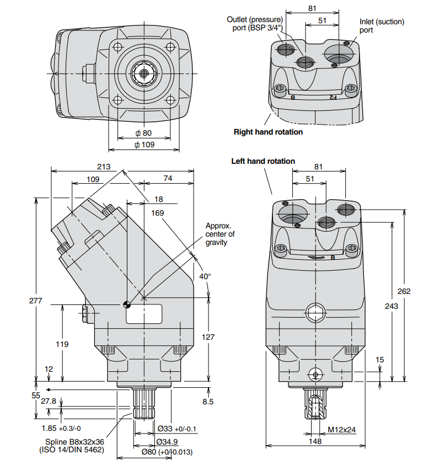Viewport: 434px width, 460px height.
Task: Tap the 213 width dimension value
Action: [x=104, y=167]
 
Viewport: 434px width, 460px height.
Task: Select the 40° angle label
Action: [x=205, y=276]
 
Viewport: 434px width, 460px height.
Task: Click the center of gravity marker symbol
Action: [x=127, y=303]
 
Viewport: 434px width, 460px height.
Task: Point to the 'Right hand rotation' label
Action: [x=268, y=132]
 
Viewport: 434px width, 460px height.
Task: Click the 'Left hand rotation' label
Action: [x=263, y=161]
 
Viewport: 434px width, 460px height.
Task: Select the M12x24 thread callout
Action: [x=341, y=429]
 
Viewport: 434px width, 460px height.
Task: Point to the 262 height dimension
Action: [x=404, y=292]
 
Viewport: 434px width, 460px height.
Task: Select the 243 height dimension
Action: [x=392, y=306]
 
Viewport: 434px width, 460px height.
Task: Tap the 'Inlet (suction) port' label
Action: [x=382, y=25]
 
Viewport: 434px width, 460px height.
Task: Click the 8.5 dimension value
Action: [x=207, y=402]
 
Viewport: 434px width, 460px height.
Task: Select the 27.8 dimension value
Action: [x=49, y=402]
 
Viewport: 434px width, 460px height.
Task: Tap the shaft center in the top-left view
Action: [x=144, y=73]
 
